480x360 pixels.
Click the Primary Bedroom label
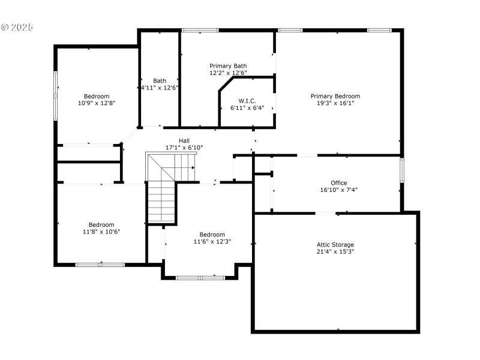[x=335, y=96]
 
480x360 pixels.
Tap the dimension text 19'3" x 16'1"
[x=335, y=103]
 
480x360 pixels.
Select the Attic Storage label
[x=335, y=245]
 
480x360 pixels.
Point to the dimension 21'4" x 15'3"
[x=335, y=251]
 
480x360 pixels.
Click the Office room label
[x=338, y=183]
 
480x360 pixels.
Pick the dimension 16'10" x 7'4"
[x=338, y=190]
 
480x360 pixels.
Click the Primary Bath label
[x=227, y=66]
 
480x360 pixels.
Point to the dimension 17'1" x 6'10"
[x=184, y=147]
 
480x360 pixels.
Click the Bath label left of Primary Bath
[x=160, y=80]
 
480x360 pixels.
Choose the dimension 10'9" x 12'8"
[x=97, y=103]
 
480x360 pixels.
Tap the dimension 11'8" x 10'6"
[x=101, y=232]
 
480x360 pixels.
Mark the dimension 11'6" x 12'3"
[x=212, y=241]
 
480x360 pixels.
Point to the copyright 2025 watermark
[x=17, y=28]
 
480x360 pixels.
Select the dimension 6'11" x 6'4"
[x=247, y=108]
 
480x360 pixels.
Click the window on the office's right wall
[x=402, y=169]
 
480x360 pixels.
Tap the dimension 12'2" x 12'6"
[x=227, y=73]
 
